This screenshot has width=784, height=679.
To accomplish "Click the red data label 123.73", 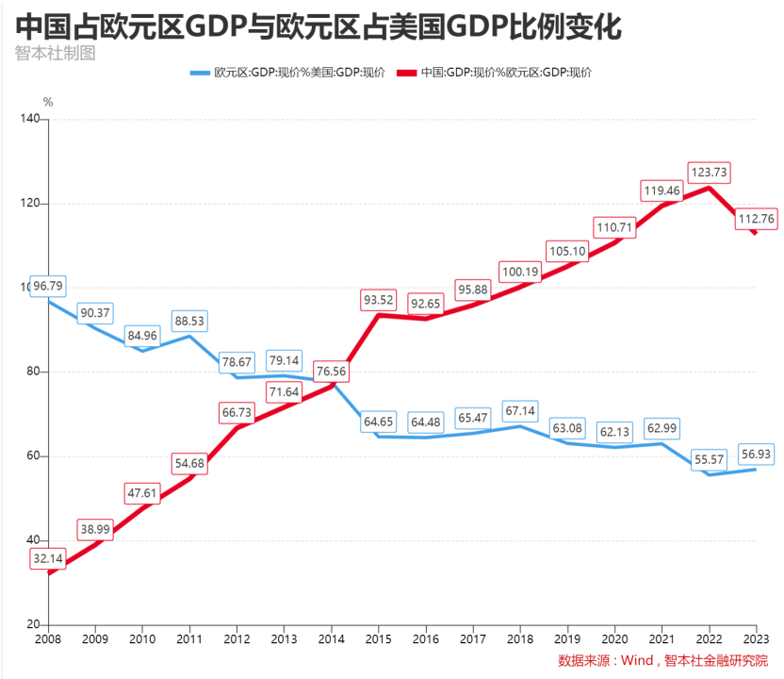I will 709,174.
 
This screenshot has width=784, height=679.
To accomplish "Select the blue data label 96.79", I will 48,285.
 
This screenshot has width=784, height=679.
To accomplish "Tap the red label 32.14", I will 47,558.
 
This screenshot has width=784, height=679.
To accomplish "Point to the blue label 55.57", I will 709,457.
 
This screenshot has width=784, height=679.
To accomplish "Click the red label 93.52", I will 378,300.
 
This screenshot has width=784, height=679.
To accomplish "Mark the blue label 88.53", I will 189,322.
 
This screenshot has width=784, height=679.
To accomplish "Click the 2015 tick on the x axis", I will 378,638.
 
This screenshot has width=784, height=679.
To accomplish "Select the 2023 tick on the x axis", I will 756,638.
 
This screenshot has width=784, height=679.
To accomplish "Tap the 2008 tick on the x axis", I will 47,638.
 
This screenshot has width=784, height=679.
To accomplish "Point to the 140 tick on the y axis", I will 29,119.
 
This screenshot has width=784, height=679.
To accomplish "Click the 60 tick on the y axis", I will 33,455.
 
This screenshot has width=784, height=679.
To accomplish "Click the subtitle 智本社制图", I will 56,53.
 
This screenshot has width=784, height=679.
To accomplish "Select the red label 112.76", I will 756,219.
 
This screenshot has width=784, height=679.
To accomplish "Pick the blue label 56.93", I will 756,455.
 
